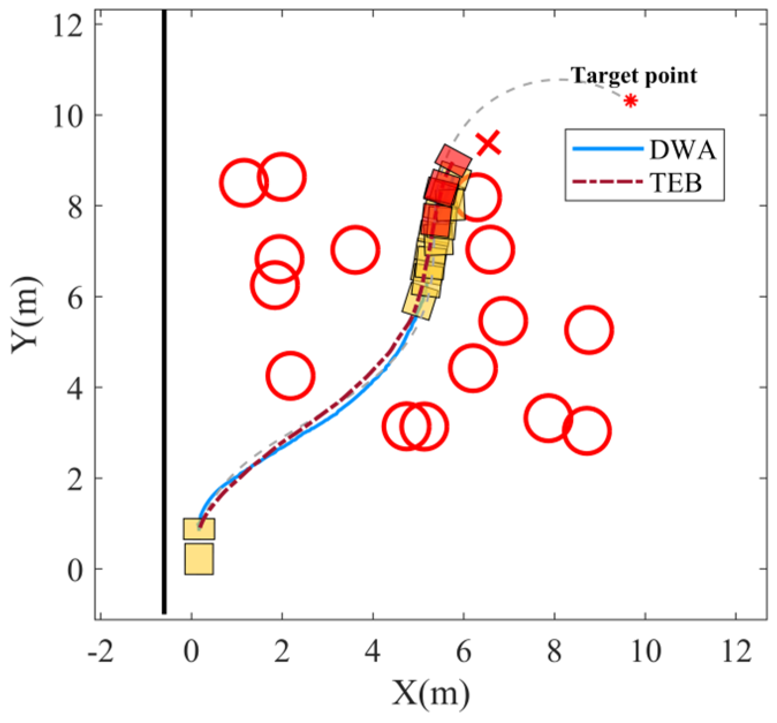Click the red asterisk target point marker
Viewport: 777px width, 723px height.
point(631,101)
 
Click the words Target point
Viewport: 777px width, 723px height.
point(634,75)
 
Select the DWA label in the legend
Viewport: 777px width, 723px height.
point(683,150)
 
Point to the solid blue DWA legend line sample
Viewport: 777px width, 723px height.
point(607,149)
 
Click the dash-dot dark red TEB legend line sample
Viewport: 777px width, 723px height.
point(607,182)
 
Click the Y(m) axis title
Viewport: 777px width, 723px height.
point(26,311)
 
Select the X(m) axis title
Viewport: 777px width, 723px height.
point(431,692)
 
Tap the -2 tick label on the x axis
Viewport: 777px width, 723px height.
point(100,653)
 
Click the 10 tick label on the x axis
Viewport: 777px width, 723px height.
point(645,653)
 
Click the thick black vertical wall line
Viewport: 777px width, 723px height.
point(164,311)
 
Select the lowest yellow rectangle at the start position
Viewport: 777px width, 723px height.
point(199,559)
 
